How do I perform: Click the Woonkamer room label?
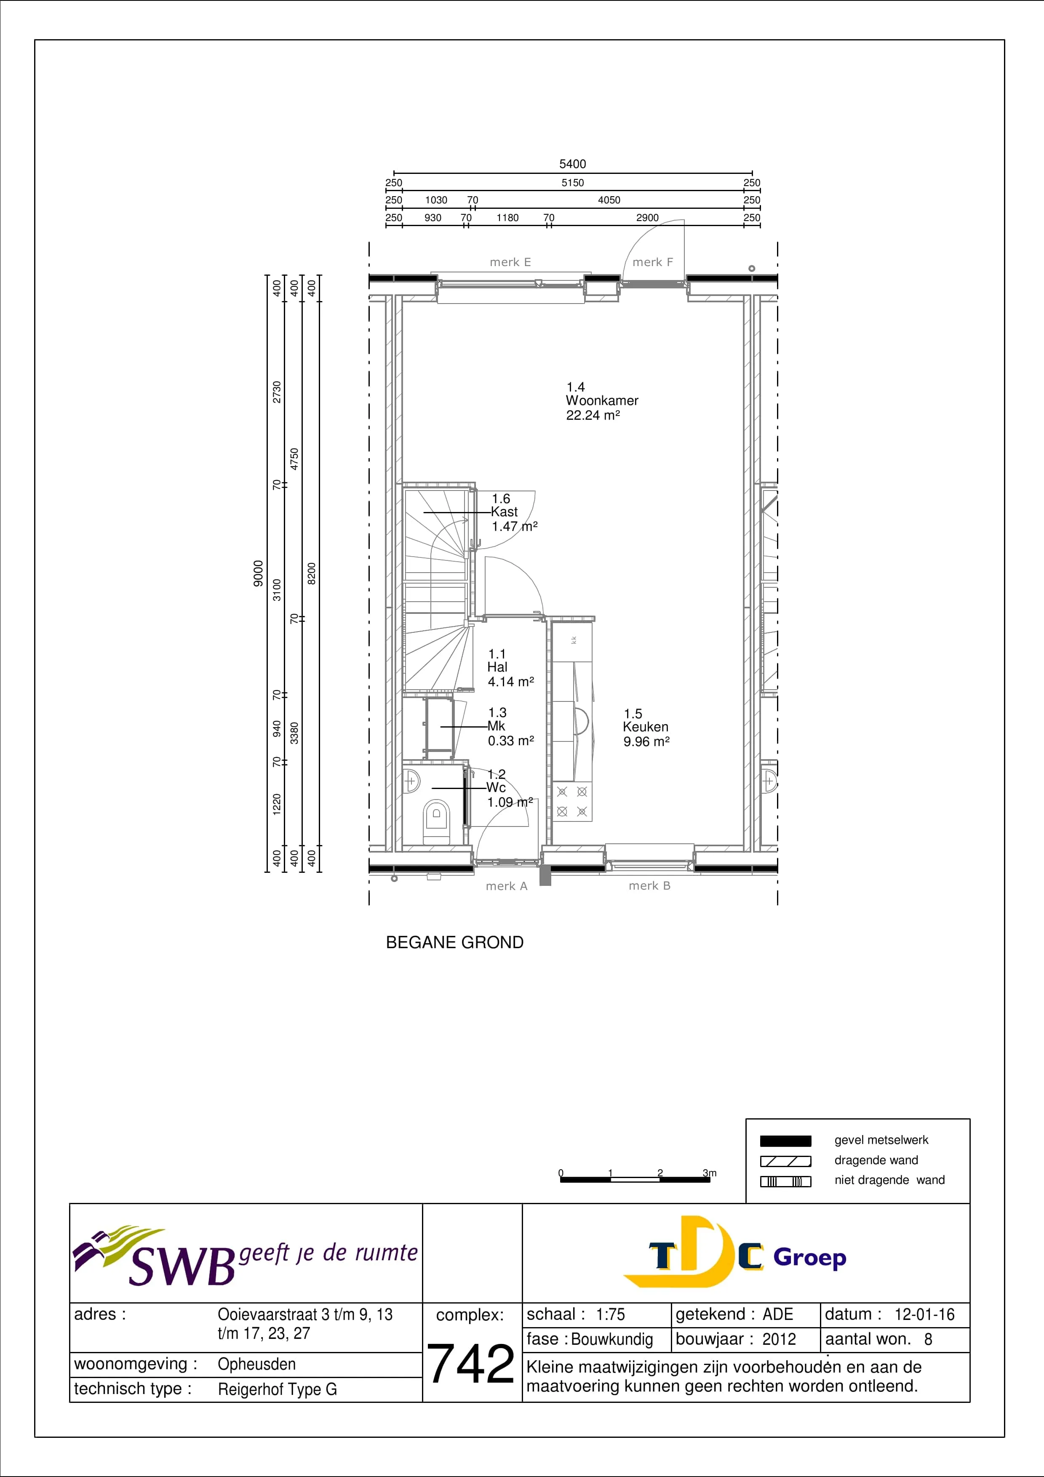tap(602, 401)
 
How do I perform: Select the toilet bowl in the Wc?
tap(437, 820)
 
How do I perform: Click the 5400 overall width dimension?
tap(572, 164)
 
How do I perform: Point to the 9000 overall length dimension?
tap(258, 573)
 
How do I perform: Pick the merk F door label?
tap(652, 262)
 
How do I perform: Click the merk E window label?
tap(510, 262)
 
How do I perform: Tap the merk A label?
tap(506, 886)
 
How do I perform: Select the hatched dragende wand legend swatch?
tap(785, 1161)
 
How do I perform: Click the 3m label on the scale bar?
tap(710, 1173)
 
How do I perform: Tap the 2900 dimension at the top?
tap(647, 217)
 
